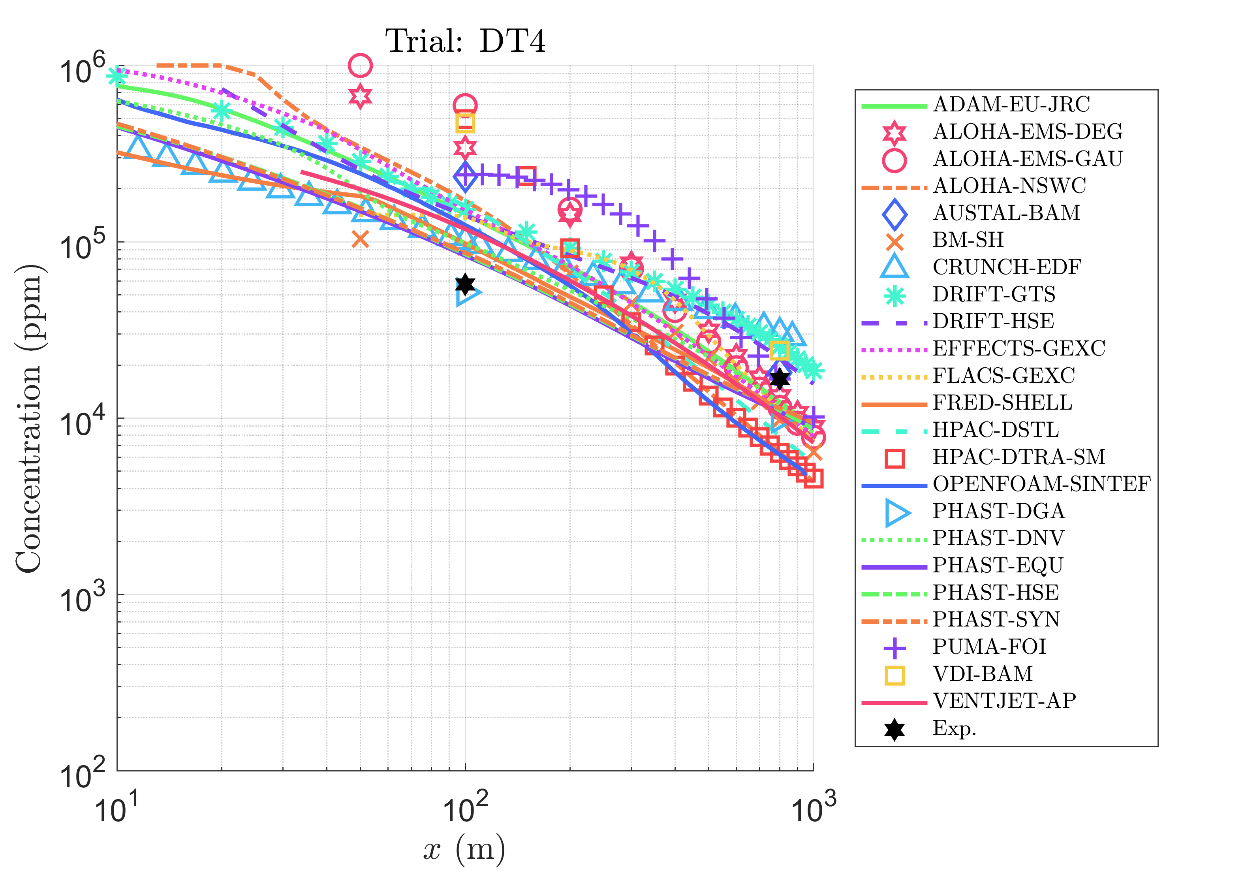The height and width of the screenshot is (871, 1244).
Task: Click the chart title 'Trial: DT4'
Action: [465, 41]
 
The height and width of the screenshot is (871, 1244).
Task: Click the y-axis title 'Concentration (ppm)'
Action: [28, 418]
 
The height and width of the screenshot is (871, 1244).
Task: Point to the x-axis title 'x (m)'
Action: [464, 849]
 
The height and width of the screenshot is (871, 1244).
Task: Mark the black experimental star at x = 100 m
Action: [465, 284]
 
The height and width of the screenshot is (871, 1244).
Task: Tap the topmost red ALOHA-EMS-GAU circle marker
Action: [360, 66]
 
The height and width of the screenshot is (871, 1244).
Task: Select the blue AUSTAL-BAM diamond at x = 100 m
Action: [465, 176]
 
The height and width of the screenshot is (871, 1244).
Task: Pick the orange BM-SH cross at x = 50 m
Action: [360, 239]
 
